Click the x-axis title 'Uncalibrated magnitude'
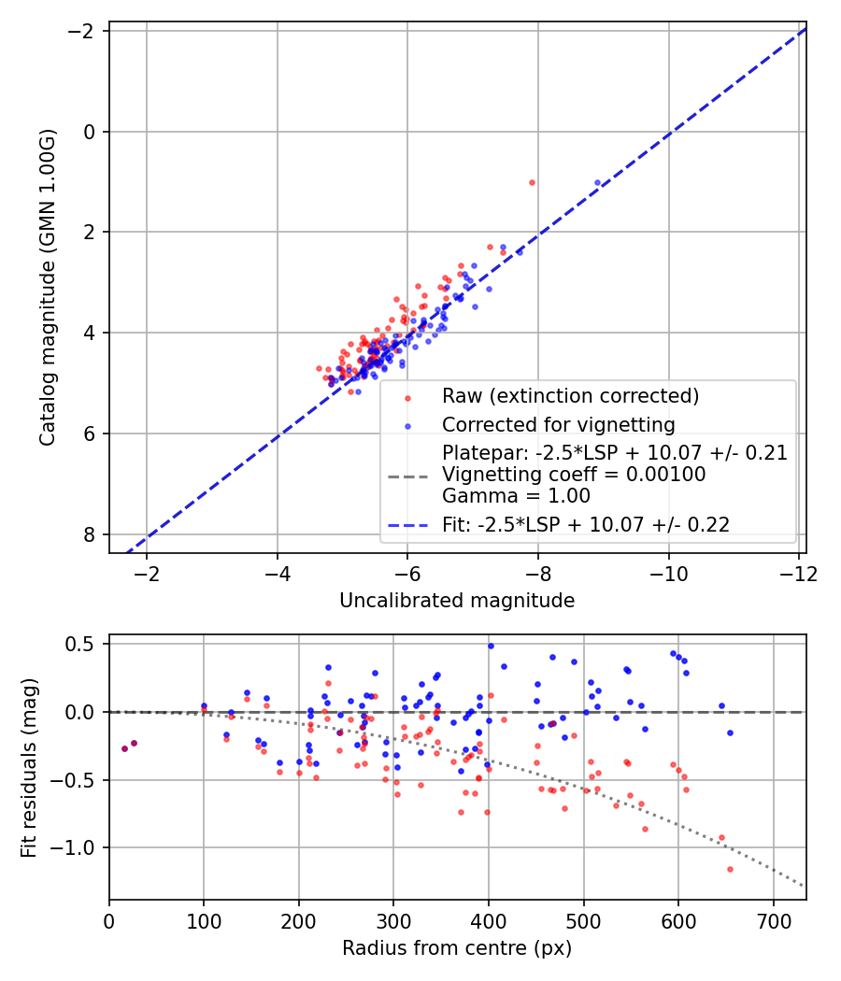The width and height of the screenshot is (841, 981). pos(457,600)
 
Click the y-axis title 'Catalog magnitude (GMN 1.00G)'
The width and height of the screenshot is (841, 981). pos(48,287)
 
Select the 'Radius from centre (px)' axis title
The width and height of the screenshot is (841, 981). pos(457,947)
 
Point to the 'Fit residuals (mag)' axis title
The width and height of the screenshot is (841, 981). pos(29,767)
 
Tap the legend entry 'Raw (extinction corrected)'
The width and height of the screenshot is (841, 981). pos(570,396)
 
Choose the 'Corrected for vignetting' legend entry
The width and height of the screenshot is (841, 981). pos(558,425)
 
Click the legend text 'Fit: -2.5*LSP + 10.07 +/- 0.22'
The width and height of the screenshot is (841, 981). pos(586,525)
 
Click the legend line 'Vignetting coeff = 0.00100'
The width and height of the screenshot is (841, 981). pos(574,475)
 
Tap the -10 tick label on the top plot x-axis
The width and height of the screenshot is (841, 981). pos(668,571)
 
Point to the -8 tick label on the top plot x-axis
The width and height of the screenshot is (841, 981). pos(538,571)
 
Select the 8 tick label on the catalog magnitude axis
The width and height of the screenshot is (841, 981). pos(90,534)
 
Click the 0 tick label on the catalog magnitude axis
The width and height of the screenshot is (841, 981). pos(90,132)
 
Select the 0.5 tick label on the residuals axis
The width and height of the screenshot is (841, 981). pos(83,644)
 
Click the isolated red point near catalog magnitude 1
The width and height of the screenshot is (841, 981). pos(532,182)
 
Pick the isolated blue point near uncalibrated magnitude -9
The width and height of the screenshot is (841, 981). pos(597,182)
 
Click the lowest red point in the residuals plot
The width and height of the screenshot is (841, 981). pos(730,869)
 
